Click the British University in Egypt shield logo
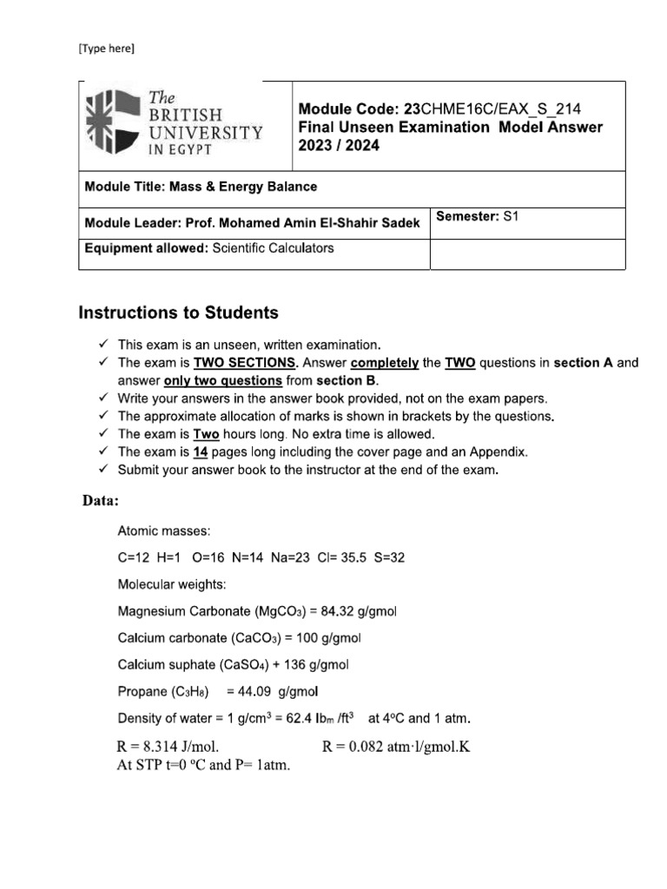pos(111,123)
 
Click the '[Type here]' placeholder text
pos(107,49)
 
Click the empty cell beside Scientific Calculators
pos(527,254)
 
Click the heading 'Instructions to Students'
pos(179,312)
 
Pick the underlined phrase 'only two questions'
pos(222,380)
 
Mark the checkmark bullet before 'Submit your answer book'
pos(103,470)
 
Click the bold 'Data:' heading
pos(101,501)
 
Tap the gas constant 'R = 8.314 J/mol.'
pos(168,746)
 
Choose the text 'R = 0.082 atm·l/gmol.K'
pos(396,746)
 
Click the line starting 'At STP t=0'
pos(201,765)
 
